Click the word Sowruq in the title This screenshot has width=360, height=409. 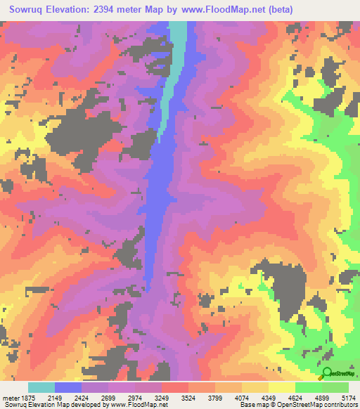click(x=28, y=10)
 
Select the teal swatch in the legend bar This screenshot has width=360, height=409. click(x=41, y=387)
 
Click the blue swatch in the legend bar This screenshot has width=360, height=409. click(x=68, y=387)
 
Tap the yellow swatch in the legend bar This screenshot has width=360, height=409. click(x=281, y=387)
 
